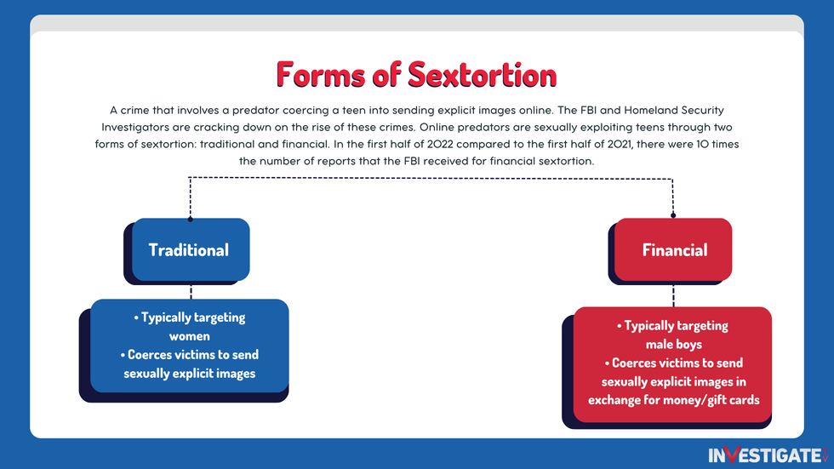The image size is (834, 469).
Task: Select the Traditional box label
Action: click(x=188, y=249)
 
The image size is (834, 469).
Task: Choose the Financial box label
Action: click(x=674, y=250)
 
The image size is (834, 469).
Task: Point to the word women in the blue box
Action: click(x=189, y=336)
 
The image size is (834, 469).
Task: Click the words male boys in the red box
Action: click(x=673, y=344)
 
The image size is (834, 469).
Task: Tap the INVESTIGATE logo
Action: click(x=766, y=455)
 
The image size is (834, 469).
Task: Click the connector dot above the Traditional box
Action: click(x=190, y=219)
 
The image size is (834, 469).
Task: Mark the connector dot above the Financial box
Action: click(x=673, y=215)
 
